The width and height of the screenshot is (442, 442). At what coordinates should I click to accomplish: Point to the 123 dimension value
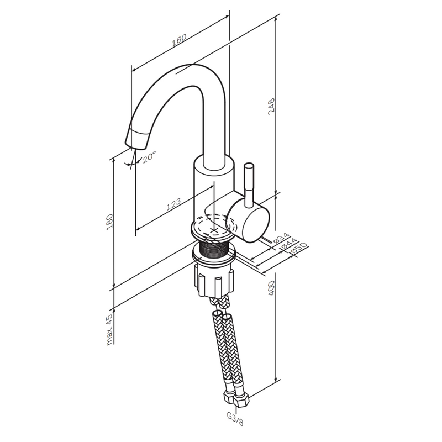173,206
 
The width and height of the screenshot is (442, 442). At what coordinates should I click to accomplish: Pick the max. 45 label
109,330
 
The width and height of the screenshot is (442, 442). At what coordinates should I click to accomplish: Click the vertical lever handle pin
249,182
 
